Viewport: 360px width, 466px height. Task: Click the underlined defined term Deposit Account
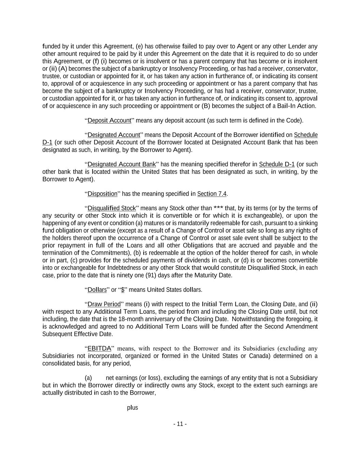pyautogui.click(x=109, y=121)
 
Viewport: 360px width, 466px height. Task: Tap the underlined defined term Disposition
pyautogui.click(x=102, y=194)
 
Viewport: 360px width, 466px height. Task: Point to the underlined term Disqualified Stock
pyautogui.click(x=112, y=208)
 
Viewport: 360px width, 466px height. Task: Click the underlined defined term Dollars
pyautogui.click(x=97, y=290)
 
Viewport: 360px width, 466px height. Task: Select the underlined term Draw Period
pyautogui.click(x=104, y=304)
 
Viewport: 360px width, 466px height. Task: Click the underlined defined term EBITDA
pyautogui.click(x=99, y=349)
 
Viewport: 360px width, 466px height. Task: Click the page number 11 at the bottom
pyautogui.click(x=180, y=424)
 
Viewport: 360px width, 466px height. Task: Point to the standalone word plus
pyautogui.click(x=132, y=408)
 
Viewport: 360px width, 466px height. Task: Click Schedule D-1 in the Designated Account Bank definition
pyautogui.click(x=277, y=164)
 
